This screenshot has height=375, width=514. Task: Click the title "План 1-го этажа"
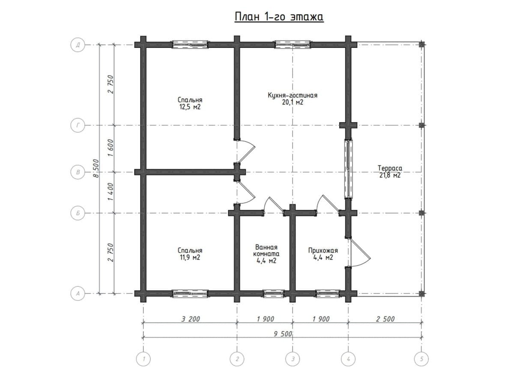tap(279, 17)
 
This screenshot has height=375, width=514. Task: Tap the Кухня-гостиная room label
tap(293, 95)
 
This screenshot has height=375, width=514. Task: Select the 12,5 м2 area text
tap(190, 107)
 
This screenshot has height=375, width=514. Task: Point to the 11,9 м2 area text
tap(190, 257)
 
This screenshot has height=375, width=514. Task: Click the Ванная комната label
tap(266, 250)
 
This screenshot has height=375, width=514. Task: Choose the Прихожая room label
tap(323, 250)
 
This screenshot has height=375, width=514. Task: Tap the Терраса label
tap(390, 168)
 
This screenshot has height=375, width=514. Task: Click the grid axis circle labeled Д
tap(78, 45)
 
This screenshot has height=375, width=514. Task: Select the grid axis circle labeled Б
tap(78, 213)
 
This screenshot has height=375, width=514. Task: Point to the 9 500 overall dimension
tap(283, 334)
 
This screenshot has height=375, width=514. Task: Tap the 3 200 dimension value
tap(191, 319)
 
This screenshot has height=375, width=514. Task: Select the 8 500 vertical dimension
tap(96, 168)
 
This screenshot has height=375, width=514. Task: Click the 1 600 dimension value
tap(111, 148)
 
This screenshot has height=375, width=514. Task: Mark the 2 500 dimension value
tap(385, 319)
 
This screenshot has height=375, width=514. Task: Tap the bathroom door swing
tap(274, 205)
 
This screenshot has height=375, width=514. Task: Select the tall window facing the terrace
tap(349, 169)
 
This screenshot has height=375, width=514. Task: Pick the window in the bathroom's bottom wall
tap(274, 294)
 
